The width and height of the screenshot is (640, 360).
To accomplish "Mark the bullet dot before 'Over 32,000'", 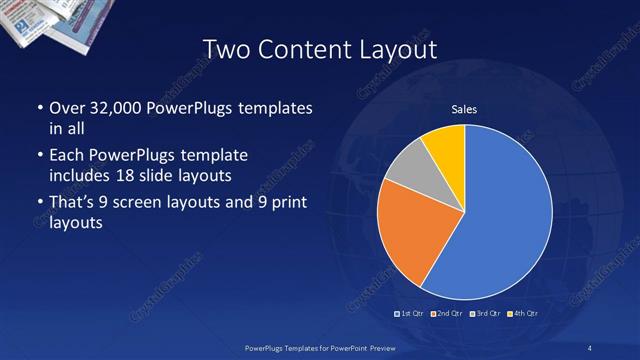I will click(38, 107).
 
